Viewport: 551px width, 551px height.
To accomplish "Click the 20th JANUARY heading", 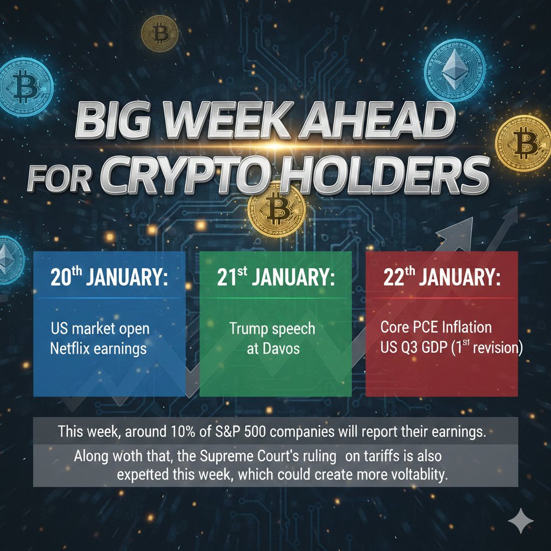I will pos(109,279).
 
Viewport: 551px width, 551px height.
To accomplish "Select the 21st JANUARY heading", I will pos(276,279).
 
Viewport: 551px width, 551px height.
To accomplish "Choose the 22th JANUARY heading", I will pos(442,279).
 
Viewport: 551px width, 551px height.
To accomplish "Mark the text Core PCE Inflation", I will pos(435,327).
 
